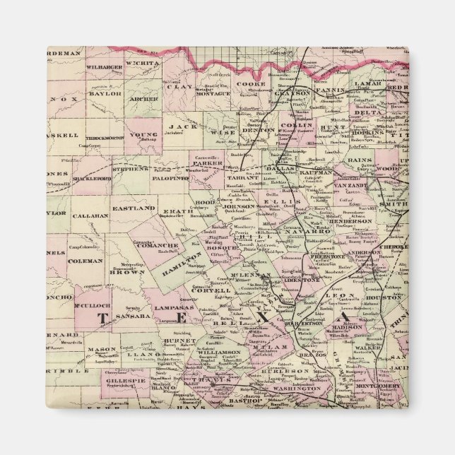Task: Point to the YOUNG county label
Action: point(144,134)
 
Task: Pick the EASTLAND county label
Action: point(136,208)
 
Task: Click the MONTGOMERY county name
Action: point(379,386)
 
